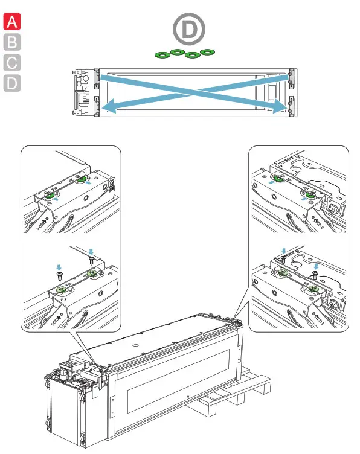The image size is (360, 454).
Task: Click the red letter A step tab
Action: tap(12, 21)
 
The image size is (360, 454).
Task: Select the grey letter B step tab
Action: tap(12, 42)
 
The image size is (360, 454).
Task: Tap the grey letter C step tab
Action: tap(12, 63)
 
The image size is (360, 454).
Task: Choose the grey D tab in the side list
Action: tap(12, 83)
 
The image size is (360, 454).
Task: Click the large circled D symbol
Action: tap(189, 29)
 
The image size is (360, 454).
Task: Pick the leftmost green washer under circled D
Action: tap(162, 55)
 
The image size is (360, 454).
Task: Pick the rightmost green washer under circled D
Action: tap(207, 52)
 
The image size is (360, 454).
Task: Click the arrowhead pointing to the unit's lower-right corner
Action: tap(280, 106)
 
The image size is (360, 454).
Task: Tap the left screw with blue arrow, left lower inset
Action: tap(60, 276)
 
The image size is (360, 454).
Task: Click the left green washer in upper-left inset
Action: tap(50, 196)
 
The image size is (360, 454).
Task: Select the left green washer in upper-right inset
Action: tap(279, 178)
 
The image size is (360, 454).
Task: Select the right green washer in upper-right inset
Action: tap(310, 194)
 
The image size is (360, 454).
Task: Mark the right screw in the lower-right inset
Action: tap(315, 274)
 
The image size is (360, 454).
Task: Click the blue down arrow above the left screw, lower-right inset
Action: tap(283, 251)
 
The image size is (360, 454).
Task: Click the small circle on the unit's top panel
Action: tap(135, 345)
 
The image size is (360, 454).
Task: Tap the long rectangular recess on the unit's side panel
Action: tap(178, 380)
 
